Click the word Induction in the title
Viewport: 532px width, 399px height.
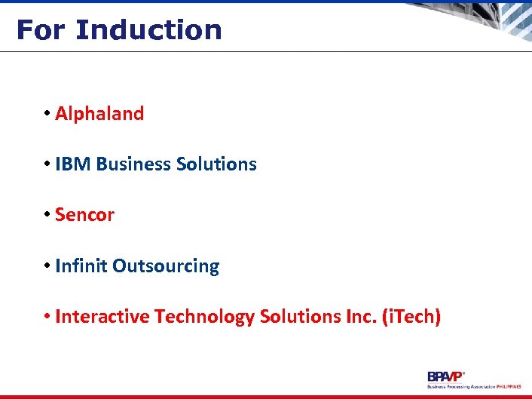148,30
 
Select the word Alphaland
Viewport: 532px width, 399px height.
99,114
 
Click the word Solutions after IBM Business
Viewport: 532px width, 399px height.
216,164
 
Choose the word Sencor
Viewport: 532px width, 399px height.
85,215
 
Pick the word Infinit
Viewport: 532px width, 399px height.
81,266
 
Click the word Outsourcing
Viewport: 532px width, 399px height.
166,266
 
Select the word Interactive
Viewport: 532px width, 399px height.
102,317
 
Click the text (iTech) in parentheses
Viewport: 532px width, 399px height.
411,317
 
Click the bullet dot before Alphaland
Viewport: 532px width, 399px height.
47,114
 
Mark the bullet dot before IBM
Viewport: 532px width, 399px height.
47,164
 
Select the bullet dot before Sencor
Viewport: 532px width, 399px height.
47,215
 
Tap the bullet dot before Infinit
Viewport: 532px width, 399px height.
47,266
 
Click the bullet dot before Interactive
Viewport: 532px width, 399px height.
47,317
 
